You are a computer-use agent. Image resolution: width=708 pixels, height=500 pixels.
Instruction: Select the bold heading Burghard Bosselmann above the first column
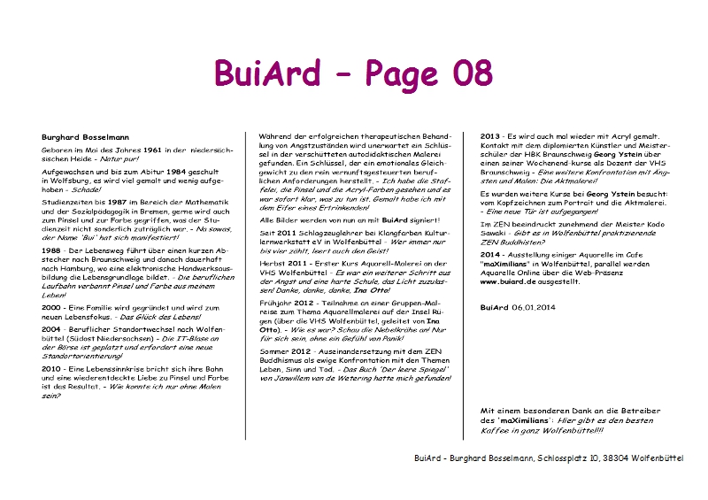(x=85, y=138)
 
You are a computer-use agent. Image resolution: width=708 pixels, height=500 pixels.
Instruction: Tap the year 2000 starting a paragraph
(x=51, y=307)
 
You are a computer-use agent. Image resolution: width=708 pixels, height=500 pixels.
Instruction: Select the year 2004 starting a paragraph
(x=51, y=329)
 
